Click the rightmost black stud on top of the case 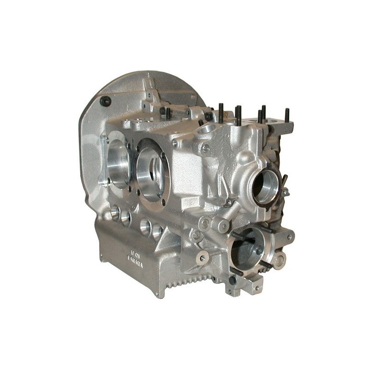tap(287, 115)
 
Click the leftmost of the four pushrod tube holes tap(115, 213)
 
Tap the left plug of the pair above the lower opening tap(204, 223)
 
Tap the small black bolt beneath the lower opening tap(233, 280)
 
